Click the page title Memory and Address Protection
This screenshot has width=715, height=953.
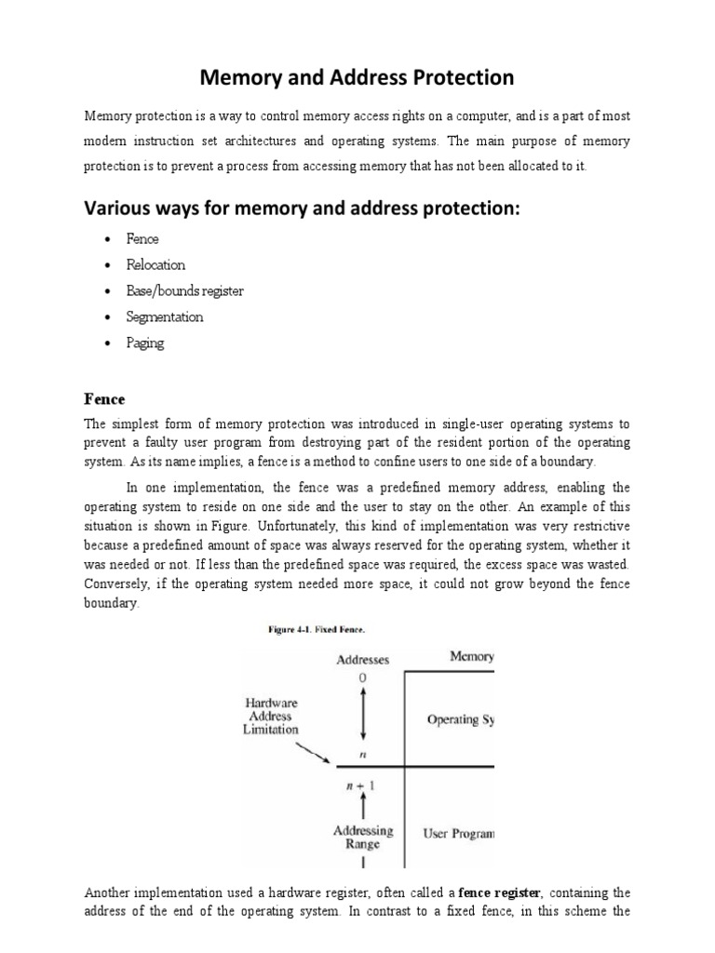click(357, 77)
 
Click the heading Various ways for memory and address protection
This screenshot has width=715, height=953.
click(301, 208)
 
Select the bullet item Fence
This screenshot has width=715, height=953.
click(142, 238)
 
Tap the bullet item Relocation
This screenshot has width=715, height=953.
click(155, 264)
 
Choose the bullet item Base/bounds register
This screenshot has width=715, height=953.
click(184, 290)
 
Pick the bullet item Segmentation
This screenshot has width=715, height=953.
click(164, 316)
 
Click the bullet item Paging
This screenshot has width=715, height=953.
click(144, 342)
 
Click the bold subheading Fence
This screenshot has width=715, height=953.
click(104, 398)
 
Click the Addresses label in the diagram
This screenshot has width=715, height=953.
click(362, 660)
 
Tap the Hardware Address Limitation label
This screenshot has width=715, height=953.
click(271, 717)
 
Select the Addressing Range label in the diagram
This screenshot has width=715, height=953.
click(363, 838)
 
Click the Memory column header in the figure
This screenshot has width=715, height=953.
click(471, 657)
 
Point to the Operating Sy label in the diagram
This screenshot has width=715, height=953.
click(460, 719)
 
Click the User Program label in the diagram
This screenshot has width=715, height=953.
click(458, 834)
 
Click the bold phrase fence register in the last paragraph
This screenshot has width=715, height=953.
click(498, 893)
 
